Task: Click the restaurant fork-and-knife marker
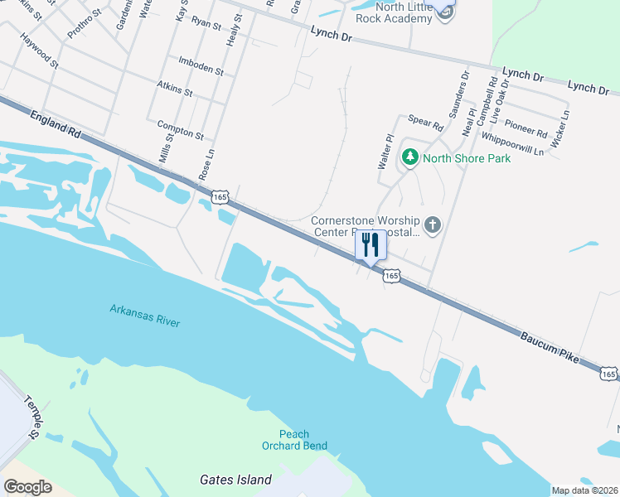coord(370,245)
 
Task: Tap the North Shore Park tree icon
coord(409,157)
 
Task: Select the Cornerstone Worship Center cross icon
coord(432,224)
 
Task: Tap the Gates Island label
coord(236,480)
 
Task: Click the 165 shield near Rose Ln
coord(220,197)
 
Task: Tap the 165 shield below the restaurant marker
coord(392,275)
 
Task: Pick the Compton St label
coord(180,128)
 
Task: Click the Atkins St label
coord(174,88)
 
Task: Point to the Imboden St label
coord(201,65)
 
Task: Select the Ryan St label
coord(206,22)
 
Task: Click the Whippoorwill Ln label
coord(512,145)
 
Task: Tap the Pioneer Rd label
coord(526,129)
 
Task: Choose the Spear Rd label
coord(426,123)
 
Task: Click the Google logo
coord(28,487)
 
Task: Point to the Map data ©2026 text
coord(584,490)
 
